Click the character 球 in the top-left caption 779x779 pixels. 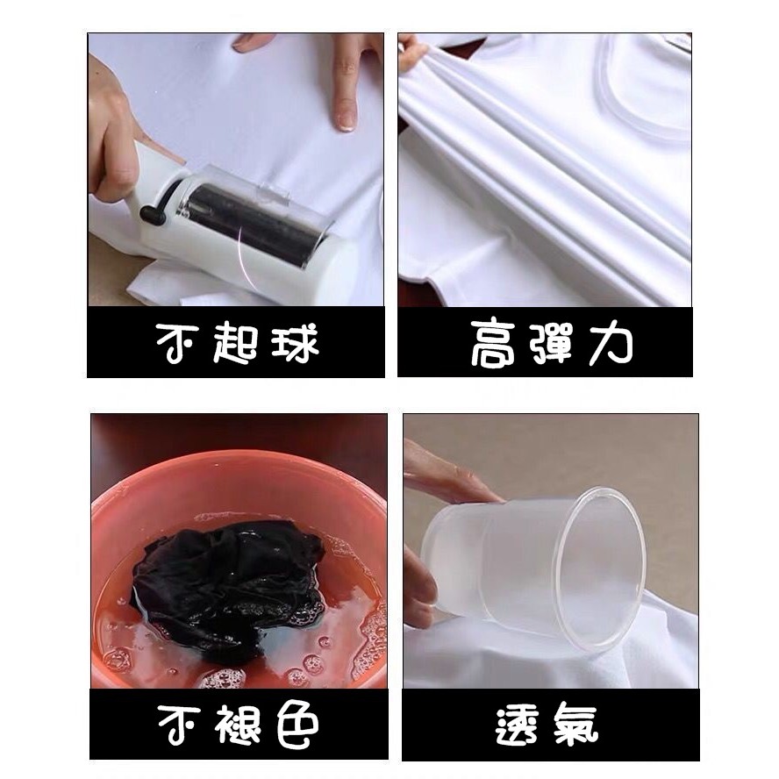[295, 343]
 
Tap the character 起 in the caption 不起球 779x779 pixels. [235, 343]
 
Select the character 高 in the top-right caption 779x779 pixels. [493, 344]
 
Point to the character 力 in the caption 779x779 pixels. [610, 343]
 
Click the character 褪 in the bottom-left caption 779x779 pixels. [239, 724]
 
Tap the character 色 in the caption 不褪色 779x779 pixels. [297, 725]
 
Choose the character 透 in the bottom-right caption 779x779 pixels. [518, 725]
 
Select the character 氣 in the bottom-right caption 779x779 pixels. [576, 725]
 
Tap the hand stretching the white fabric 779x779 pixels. [411, 51]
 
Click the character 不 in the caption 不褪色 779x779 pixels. [180, 725]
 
